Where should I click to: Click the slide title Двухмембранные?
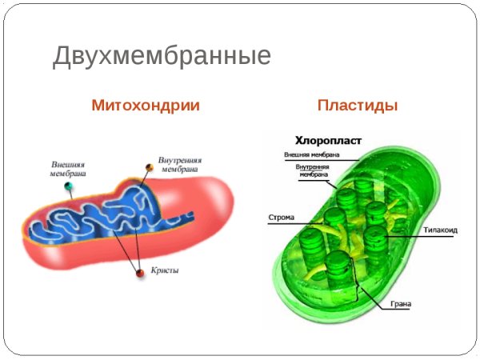[162, 56]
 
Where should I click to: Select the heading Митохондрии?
[145, 105]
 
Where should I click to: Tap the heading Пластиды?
[358, 105]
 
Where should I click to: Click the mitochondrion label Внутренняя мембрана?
[180, 164]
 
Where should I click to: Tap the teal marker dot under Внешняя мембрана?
[69, 187]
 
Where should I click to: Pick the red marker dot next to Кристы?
[140, 273]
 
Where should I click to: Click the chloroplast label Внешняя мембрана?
[312, 154]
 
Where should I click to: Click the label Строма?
[279, 217]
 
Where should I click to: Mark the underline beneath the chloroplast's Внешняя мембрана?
[336, 160]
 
